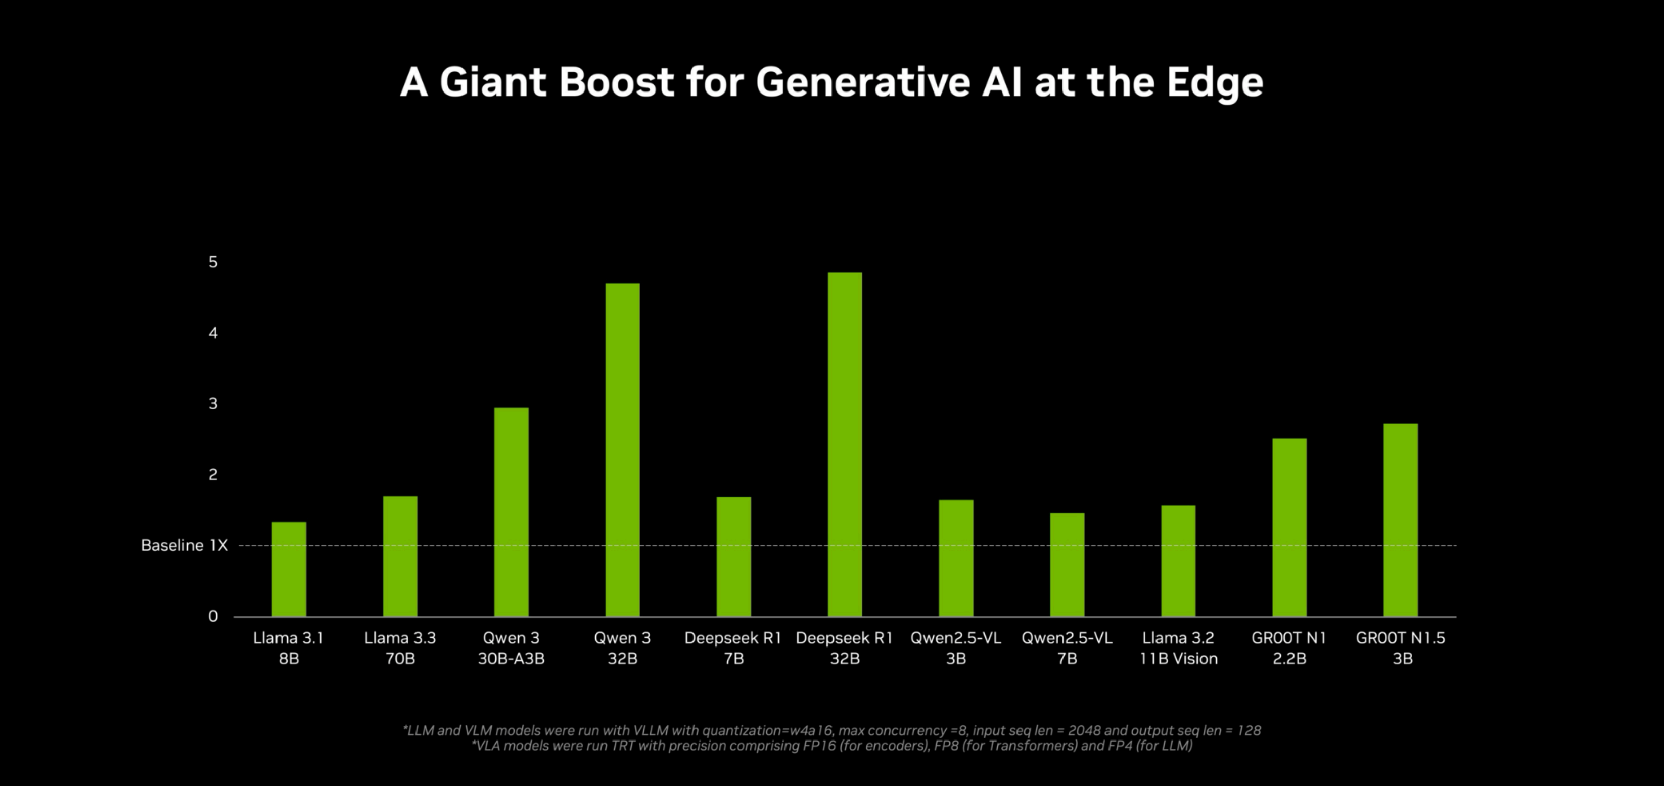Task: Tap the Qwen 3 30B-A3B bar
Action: point(511,512)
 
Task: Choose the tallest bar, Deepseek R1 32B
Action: point(844,444)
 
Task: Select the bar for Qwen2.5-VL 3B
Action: point(955,558)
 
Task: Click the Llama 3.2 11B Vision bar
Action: point(1178,561)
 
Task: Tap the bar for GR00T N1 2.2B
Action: point(1289,527)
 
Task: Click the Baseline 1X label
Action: point(184,546)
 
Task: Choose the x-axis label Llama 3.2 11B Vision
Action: point(1178,648)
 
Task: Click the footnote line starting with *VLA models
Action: point(831,746)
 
